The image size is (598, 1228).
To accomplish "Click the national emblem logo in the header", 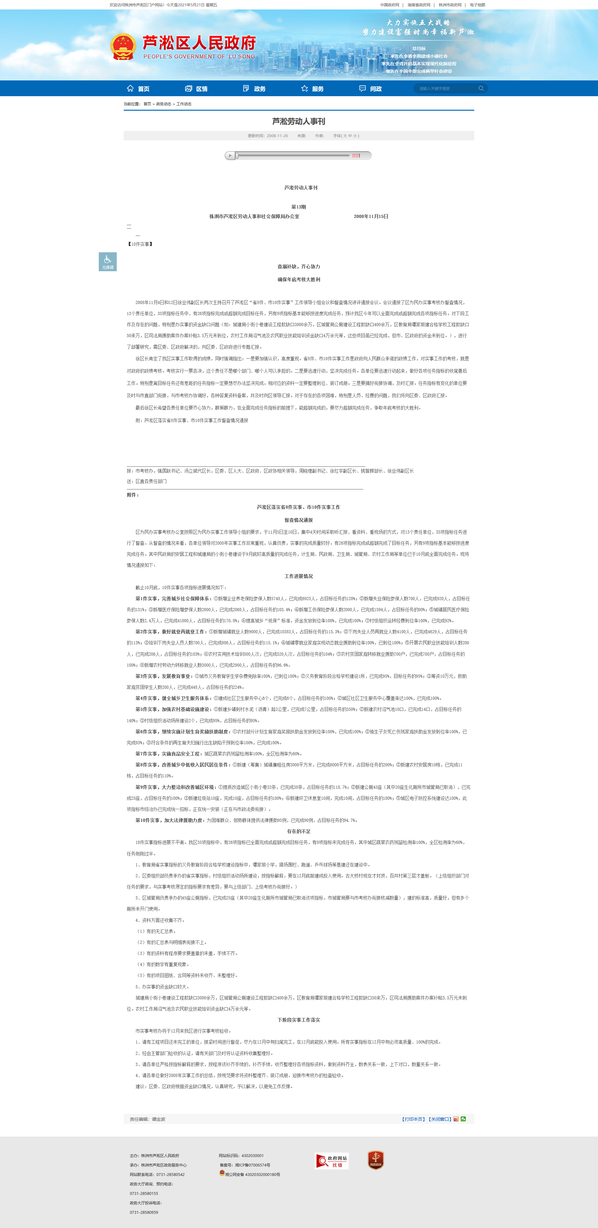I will pyautogui.click(x=123, y=47).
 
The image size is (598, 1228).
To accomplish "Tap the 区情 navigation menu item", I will pyautogui.click(x=197, y=89).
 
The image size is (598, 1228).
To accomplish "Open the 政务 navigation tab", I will pyautogui.click(x=255, y=89).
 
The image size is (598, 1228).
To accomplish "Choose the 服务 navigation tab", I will pyautogui.click(x=313, y=89).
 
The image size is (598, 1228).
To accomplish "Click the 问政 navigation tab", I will pyautogui.click(x=370, y=89).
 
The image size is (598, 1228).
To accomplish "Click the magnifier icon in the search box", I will pyautogui.click(x=481, y=88).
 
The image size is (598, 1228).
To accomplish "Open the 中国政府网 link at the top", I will pyautogui.click(x=390, y=5).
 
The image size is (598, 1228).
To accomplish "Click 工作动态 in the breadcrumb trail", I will pyautogui.click(x=184, y=104).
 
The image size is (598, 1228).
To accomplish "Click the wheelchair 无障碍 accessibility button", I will pyautogui.click(x=108, y=261).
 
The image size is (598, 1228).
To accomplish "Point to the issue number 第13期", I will pyautogui.click(x=299, y=207).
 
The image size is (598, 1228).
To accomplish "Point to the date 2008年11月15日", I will pyautogui.click(x=371, y=216).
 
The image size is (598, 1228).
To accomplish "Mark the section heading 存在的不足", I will pyautogui.click(x=299, y=831).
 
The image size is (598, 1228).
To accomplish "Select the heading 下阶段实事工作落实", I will pyautogui.click(x=299, y=1020).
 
